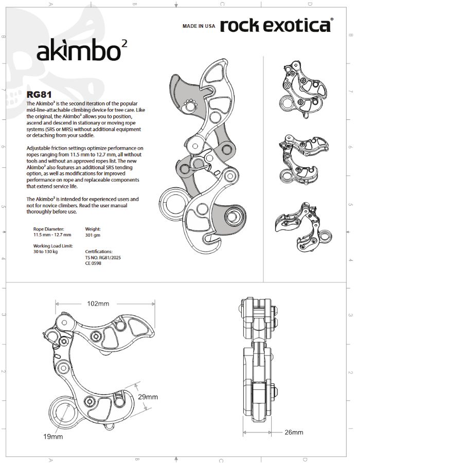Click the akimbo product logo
point(82,50)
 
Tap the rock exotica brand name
point(277,25)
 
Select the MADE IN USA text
point(199,26)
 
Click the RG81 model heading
point(39,95)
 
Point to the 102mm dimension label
point(98,304)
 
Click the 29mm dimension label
point(148,397)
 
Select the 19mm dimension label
point(53,436)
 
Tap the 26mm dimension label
point(294,432)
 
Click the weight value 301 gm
point(93,235)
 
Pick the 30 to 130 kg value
point(45,252)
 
